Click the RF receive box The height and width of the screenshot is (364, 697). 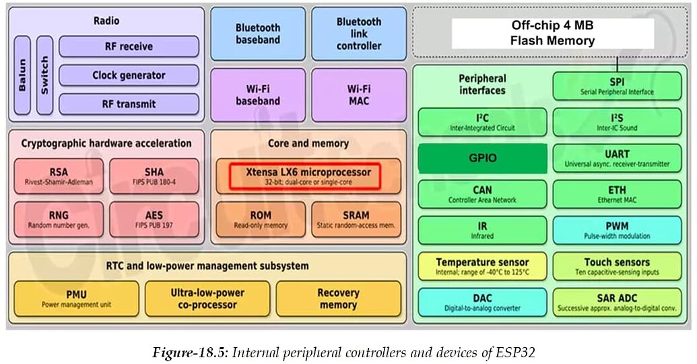point(129,47)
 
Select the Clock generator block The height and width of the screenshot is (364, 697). point(129,75)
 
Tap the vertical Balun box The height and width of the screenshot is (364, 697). point(22,74)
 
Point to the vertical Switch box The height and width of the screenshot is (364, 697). point(44,74)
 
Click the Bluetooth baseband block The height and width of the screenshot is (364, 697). point(257,34)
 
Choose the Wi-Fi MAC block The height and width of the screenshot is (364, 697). point(358,94)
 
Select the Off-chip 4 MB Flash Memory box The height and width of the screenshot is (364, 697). point(552,33)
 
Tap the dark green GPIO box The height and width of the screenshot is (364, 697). point(482,158)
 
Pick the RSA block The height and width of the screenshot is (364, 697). point(59,176)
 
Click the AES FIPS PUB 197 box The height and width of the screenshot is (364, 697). point(154,219)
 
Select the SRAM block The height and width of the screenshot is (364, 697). point(356,219)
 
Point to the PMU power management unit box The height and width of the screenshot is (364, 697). point(76,299)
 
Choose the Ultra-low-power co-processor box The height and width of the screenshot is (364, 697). point(207,299)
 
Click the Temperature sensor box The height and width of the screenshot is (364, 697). point(482,266)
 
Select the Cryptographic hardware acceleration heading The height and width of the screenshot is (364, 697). point(106,143)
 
